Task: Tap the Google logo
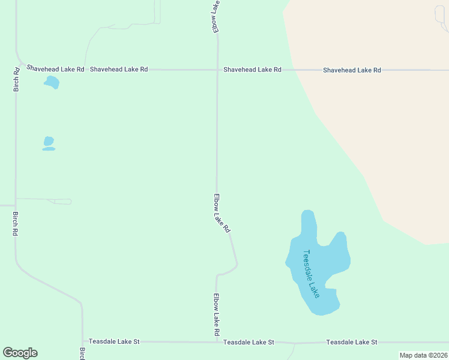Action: click(x=20, y=353)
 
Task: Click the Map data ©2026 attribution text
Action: click(x=423, y=355)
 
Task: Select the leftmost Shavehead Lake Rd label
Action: click(x=54, y=70)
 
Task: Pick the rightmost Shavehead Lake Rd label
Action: click(x=352, y=70)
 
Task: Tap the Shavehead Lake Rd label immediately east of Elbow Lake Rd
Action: click(x=252, y=70)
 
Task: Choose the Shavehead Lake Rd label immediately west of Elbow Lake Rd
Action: click(x=119, y=70)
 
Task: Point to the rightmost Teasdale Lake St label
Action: click(x=352, y=342)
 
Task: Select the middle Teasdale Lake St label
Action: click(x=249, y=342)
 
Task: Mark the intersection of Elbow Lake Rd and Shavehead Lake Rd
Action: click(x=217, y=70)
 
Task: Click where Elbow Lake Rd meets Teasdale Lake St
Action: click(x=216, y=342)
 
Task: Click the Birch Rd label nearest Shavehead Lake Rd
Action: click(x=16, y=79)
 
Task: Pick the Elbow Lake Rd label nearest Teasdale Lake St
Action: click(x=217, y=314)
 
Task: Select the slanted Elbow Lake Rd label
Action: click(x=221, y=213)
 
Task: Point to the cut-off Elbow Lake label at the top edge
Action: click(x=215, y=16)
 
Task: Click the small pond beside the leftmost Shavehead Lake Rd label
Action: click(x=52, y=82)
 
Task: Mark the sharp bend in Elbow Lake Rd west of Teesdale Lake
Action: click(x=237, y=264)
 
